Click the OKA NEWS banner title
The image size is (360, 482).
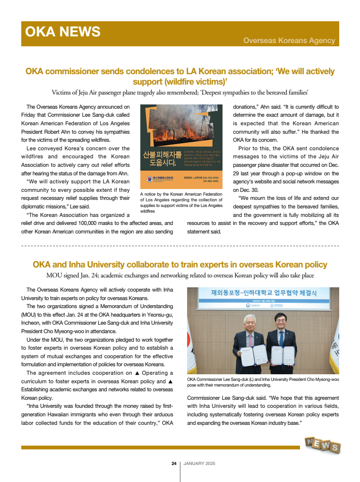click(63, 32)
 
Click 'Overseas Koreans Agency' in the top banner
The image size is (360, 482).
click(289, 41)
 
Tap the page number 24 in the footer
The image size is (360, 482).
click(173, 464)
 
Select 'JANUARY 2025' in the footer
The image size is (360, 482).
click(199, 464)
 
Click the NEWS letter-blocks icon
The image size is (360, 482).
click(323, 445)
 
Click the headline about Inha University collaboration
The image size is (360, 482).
click(180, 265)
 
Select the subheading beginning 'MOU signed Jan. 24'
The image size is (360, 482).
click(180, 275)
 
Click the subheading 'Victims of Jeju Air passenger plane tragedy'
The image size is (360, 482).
click(180, 91)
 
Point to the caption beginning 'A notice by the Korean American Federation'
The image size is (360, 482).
click(181, 199)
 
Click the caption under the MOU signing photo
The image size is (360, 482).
click(263, 382)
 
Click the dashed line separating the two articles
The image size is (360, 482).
click(180, 246)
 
